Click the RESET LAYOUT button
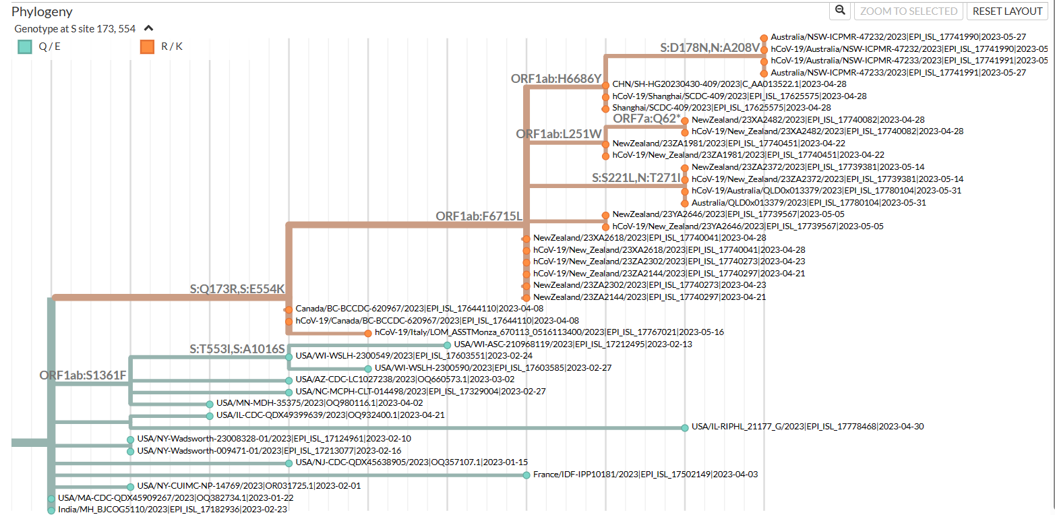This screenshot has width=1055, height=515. [x=1007, y=11]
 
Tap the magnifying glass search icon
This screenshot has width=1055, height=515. [x=840, y=11]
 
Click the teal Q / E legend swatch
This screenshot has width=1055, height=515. [x=25, y=47]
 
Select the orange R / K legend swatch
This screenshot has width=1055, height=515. [x=148, y=47]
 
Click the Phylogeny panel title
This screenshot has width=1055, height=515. [x=42, y=11]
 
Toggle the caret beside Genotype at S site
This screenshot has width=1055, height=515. [x=149, y=29]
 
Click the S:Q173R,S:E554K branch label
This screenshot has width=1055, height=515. [x=237, y=289]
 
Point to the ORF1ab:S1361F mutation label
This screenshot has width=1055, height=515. [x=83, y=375]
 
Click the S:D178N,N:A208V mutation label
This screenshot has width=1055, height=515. [x=710, y=48]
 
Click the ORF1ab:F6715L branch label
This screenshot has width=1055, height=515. [x=479, y=216]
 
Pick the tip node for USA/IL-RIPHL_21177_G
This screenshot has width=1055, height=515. [x=685, y=427]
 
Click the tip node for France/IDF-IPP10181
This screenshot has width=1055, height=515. [x=526, y=475]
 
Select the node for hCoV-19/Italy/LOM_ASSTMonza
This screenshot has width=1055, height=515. [x=368, y=333]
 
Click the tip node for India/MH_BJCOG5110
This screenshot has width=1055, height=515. [x=51, y=510]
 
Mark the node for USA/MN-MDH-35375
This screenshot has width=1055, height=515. [x=210, y=404]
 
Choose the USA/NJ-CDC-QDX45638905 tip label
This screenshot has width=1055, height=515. [x=411, y=462]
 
